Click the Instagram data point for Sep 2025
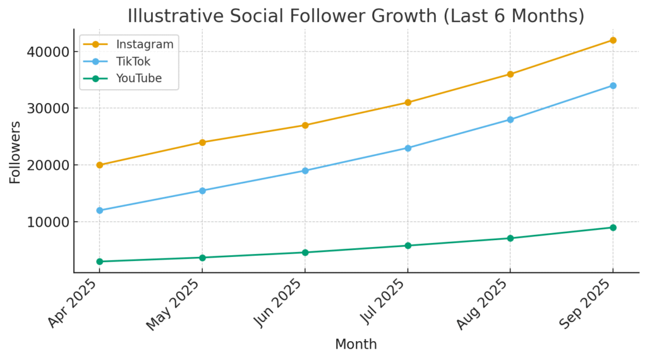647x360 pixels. point(613,40)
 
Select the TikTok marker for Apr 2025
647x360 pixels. point(99,210)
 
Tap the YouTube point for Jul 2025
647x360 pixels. point(408,246)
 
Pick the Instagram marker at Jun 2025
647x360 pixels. point(305,125)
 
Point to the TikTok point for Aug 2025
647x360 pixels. point(510,119)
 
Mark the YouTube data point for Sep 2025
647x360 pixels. point(613,227)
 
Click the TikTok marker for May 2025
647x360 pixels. point(202,191)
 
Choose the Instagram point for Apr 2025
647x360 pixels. point(99,165)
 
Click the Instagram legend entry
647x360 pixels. point(144,44)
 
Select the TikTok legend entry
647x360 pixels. point(133,61)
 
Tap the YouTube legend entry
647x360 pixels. point(138,78)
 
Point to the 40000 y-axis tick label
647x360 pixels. point(48,51)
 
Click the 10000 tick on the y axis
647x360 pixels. point(48,222)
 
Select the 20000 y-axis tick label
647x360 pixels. point(48,165)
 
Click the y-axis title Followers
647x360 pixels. point(15,152)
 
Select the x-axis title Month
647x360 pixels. point(356,345)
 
